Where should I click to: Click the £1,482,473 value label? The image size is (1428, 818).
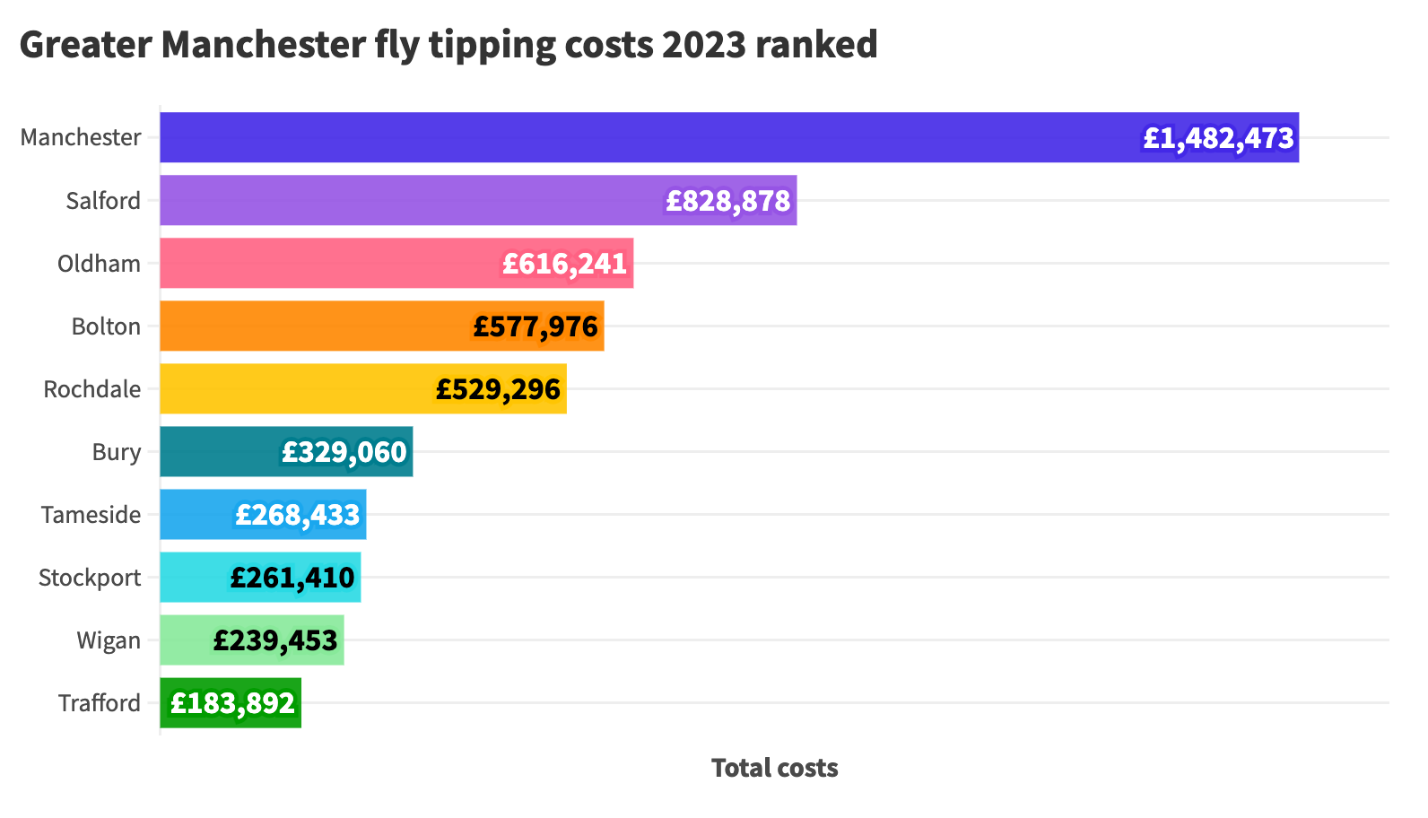click(1218, 138)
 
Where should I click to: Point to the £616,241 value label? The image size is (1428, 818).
click(564, 264)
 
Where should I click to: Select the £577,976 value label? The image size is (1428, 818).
click(535, 326)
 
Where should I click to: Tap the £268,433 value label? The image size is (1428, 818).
click(297, 515)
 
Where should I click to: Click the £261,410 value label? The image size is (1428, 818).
click(292, 578)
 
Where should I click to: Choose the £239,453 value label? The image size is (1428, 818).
click(275, 640)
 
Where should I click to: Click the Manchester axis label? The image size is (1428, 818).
click(81, 137)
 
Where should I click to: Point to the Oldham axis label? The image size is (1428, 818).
click(99, 264)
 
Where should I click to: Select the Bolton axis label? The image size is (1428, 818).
click(106, 326)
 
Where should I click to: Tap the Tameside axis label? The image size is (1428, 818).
click(91, 515)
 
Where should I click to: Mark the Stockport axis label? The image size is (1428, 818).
click(90, 578)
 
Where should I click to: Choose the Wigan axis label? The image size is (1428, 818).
click(109, 640)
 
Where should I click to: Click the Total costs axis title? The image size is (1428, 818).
click(774, 768)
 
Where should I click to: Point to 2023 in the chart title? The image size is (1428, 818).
click(704, 45)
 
